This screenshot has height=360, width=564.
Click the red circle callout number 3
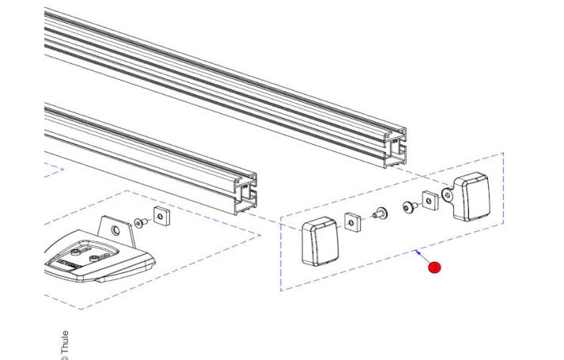(434, 268)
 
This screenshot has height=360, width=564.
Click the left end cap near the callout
(320, 242)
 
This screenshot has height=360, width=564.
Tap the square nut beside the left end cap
(353, 222)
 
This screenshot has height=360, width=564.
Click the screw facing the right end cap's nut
(409, 207)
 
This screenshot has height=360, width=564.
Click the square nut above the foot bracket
(163, 217)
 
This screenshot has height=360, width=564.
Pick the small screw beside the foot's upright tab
(140, 224)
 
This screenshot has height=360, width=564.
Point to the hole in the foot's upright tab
(116, 230)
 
